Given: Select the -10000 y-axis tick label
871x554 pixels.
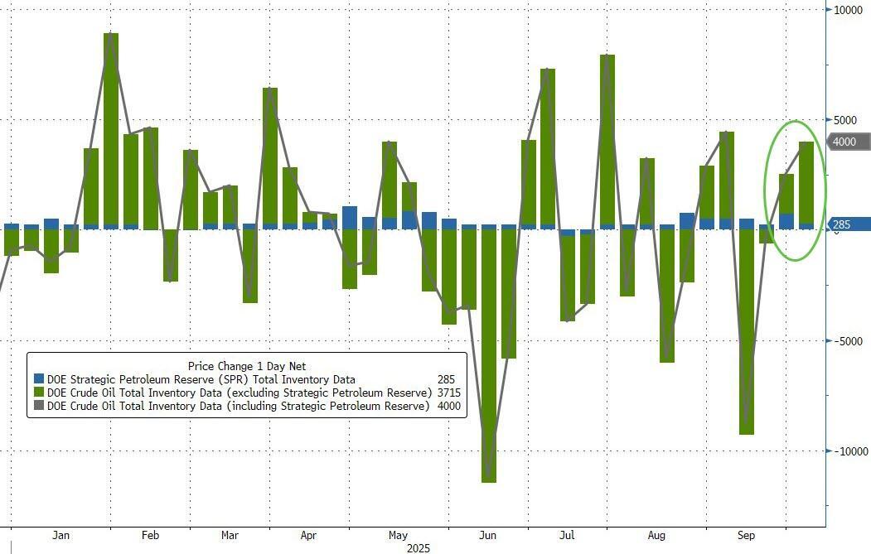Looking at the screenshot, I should (x=851, y=451).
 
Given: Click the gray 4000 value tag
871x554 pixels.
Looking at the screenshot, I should (x=847, y=142).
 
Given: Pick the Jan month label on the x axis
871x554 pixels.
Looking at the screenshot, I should (x=60, y=536).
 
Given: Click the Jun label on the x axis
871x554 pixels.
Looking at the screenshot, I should (x=488, y=536).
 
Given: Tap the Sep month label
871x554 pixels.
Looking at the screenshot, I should (x=746, y=536).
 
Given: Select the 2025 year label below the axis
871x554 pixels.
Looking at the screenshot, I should (x=419, y=547).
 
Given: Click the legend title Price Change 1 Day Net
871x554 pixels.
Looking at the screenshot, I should (x=247, y=366).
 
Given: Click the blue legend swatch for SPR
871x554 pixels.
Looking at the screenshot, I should (x=38, y=379).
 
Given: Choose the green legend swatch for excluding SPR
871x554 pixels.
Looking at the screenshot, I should (x=38, y=393).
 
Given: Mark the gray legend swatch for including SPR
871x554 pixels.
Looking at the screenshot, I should (x=38, y=406).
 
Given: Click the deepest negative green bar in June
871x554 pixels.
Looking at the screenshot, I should (x=489, y=356).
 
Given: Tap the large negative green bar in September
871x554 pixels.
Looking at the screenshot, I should (x=747, y=331).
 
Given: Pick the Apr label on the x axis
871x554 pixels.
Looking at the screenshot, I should (x=308, y=536).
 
